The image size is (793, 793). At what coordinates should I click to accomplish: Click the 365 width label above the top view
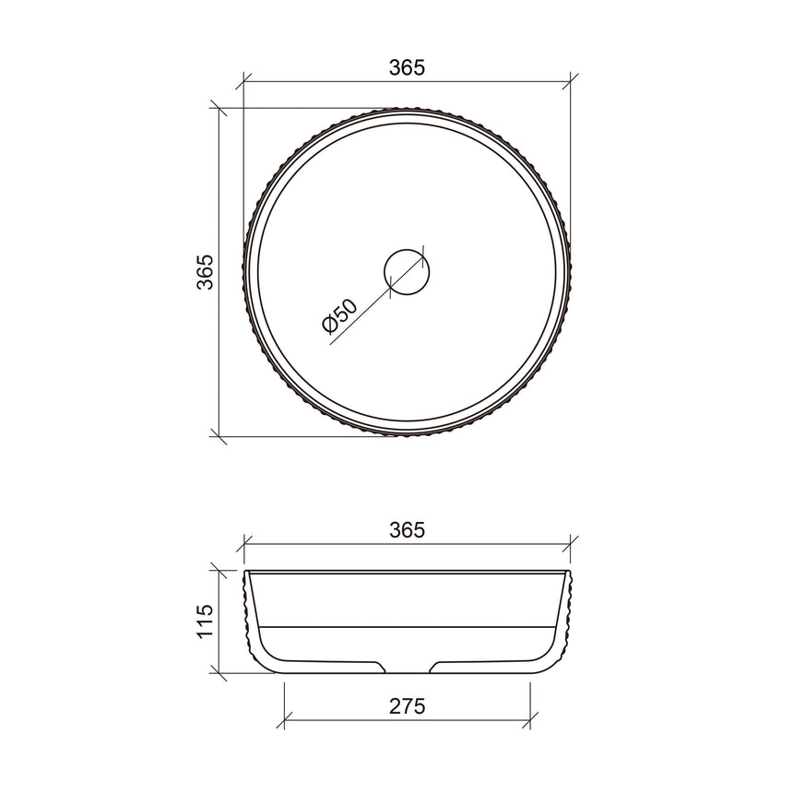[406, 67]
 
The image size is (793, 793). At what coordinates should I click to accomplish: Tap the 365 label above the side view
[406, 530]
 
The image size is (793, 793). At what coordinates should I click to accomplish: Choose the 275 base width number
[406, 706]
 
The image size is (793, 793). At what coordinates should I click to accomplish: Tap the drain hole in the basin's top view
[407, 272]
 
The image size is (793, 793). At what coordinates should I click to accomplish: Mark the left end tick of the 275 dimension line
[284, 720]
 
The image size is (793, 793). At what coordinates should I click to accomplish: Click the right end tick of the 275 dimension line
[529, 720]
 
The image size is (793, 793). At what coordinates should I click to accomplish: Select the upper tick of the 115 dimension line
[219, 571]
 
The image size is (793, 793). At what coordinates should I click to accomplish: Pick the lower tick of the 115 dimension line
[219, 673]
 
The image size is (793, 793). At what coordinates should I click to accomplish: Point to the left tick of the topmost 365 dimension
[243, 81]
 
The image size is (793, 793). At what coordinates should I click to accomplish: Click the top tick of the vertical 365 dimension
[219, 108]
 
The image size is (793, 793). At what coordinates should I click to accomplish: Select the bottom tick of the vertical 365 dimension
[219, 434]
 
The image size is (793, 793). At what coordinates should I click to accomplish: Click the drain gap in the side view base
[407, 666]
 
